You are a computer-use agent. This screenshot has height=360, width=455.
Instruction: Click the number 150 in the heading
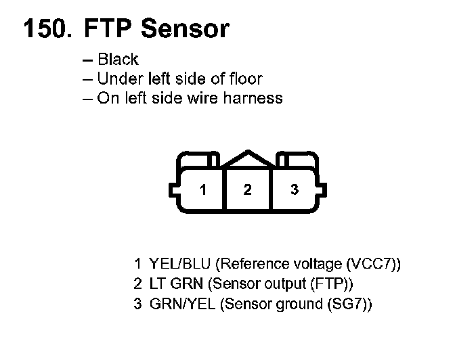click(46, 28)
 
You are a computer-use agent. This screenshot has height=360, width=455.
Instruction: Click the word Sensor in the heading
click(186, 28)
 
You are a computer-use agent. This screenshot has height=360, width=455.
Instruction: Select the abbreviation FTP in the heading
click(108, 28)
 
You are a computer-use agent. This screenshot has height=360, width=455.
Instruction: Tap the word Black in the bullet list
click(118, 60)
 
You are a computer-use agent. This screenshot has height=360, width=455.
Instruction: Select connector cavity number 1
click(202, 190)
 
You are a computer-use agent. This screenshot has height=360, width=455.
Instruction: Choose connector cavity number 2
click(247, 190)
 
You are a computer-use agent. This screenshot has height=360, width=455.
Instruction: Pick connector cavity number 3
click(294, 190)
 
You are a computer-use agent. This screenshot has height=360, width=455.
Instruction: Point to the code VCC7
click(370, 263)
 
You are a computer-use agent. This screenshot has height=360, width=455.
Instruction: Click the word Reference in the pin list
click(251, 263)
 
